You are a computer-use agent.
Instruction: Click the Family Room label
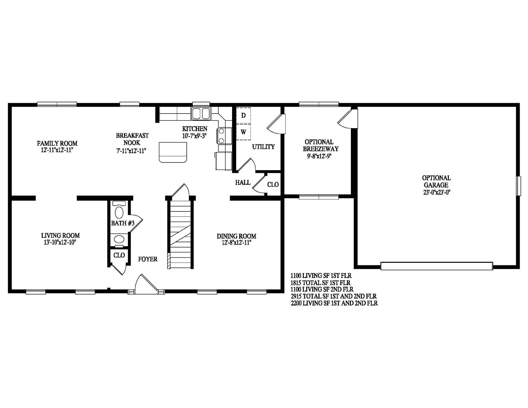point(57,144)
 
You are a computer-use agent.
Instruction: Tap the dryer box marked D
point(243,115)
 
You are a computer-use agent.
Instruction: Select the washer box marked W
point(243,132)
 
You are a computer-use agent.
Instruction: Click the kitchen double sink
point(201,113)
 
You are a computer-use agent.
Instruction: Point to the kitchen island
point(173,152)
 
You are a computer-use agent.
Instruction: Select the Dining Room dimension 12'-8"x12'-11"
point(236,243)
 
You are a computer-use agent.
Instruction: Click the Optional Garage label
point(436,181)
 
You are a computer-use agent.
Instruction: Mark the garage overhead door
point(436,266)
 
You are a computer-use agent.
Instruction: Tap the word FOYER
point(148,259)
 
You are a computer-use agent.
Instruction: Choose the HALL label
point(243,183)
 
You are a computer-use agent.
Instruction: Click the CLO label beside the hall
point(273,184)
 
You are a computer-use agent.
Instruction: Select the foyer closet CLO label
point(119,255)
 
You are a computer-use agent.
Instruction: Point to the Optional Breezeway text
point(320,145)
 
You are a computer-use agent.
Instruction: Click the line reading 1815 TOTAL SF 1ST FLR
point(320,282)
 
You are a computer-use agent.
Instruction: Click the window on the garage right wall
point(518,186)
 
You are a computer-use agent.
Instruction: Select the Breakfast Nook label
point(132,139)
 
